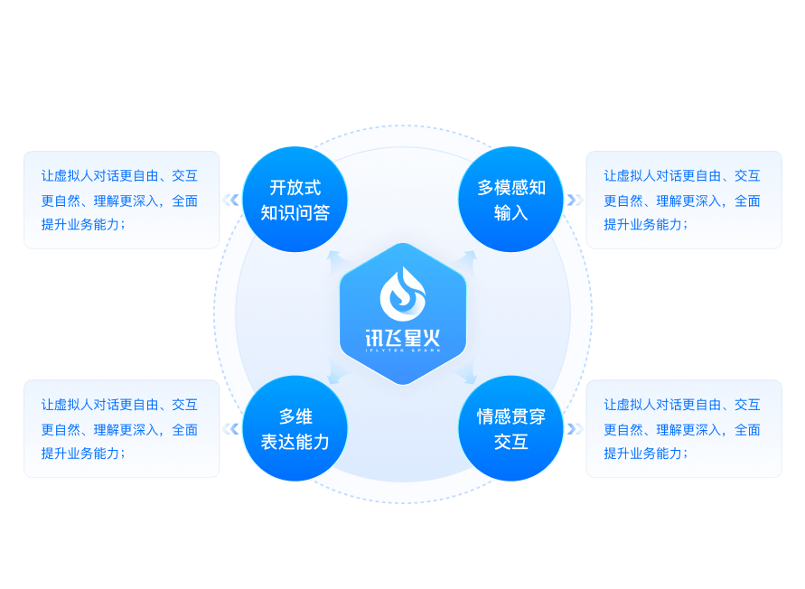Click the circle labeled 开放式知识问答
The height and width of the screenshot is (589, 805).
(x=295, y=201)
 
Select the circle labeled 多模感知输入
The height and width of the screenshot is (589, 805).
(x=511, y=201)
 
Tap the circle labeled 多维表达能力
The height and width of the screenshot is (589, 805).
(x=295, y=429)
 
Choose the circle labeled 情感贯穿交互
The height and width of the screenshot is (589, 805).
(x=511, y=429)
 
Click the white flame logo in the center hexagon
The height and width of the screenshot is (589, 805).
(x=403, y=293)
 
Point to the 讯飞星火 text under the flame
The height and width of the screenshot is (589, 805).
(x=403, y=339)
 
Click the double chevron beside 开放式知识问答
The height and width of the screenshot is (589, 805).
(x=231, y=201)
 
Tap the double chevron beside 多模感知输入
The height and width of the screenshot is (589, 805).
(x=575, y=201)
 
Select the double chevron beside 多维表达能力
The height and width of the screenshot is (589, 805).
(x=231, y=429)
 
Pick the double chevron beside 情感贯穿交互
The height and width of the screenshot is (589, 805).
(x=575, y=429)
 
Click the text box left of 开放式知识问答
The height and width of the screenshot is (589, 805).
(x=121, y=200)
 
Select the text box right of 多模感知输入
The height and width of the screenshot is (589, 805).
(x=684, y=200)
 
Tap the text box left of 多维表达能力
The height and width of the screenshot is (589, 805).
(x=121, y=428)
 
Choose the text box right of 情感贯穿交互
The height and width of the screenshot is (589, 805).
(x=684, y=428)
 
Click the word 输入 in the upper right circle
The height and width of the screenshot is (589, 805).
(x=511, y=213)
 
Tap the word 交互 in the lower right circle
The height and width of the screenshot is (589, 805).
(x=511, y=442)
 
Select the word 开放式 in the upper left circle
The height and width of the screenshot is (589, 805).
(x=295, y=188)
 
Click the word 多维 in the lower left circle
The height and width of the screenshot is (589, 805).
(x=295, y=416)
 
